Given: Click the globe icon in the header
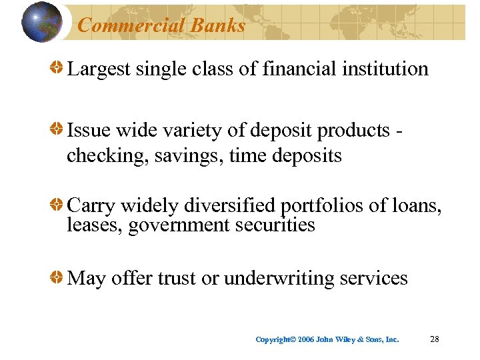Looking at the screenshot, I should click(43, 22).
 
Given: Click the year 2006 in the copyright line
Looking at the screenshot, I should click(306, 339).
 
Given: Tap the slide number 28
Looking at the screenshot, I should click(435, 339).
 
